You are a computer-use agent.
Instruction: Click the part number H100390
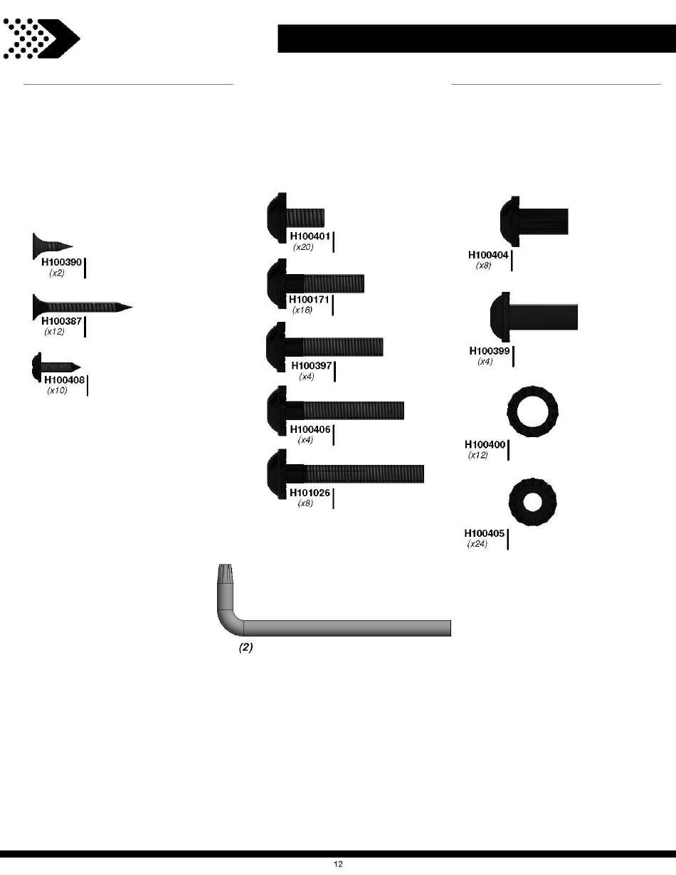tap(62, 262)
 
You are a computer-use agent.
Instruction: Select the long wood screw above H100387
tap(83, 308)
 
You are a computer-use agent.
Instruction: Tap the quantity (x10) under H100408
tap(57, 390)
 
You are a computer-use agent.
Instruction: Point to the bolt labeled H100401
tap(296, 217)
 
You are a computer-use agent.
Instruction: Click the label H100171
tap(309, 300)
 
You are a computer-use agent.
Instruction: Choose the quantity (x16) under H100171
tap(302, 310)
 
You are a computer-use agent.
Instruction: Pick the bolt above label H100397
tap(324, 347)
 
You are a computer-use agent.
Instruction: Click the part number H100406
tap(310, 429)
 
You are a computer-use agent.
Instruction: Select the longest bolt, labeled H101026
tap(345, 474)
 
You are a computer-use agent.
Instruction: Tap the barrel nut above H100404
tap(534, 221)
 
